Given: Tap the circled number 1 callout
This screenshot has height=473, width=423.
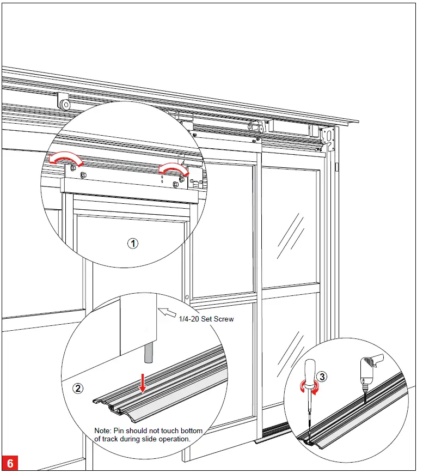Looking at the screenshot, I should [133, 244].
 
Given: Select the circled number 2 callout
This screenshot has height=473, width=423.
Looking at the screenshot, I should [79, 389].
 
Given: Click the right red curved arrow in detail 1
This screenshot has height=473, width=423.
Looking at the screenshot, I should [174, 170].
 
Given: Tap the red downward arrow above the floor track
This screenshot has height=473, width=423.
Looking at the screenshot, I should [143, 383].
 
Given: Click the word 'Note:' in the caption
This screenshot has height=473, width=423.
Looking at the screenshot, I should [103, 430].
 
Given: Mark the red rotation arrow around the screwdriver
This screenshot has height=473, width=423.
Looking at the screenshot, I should [305, 386].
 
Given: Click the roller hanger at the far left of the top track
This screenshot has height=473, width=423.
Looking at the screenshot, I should [64, 102].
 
